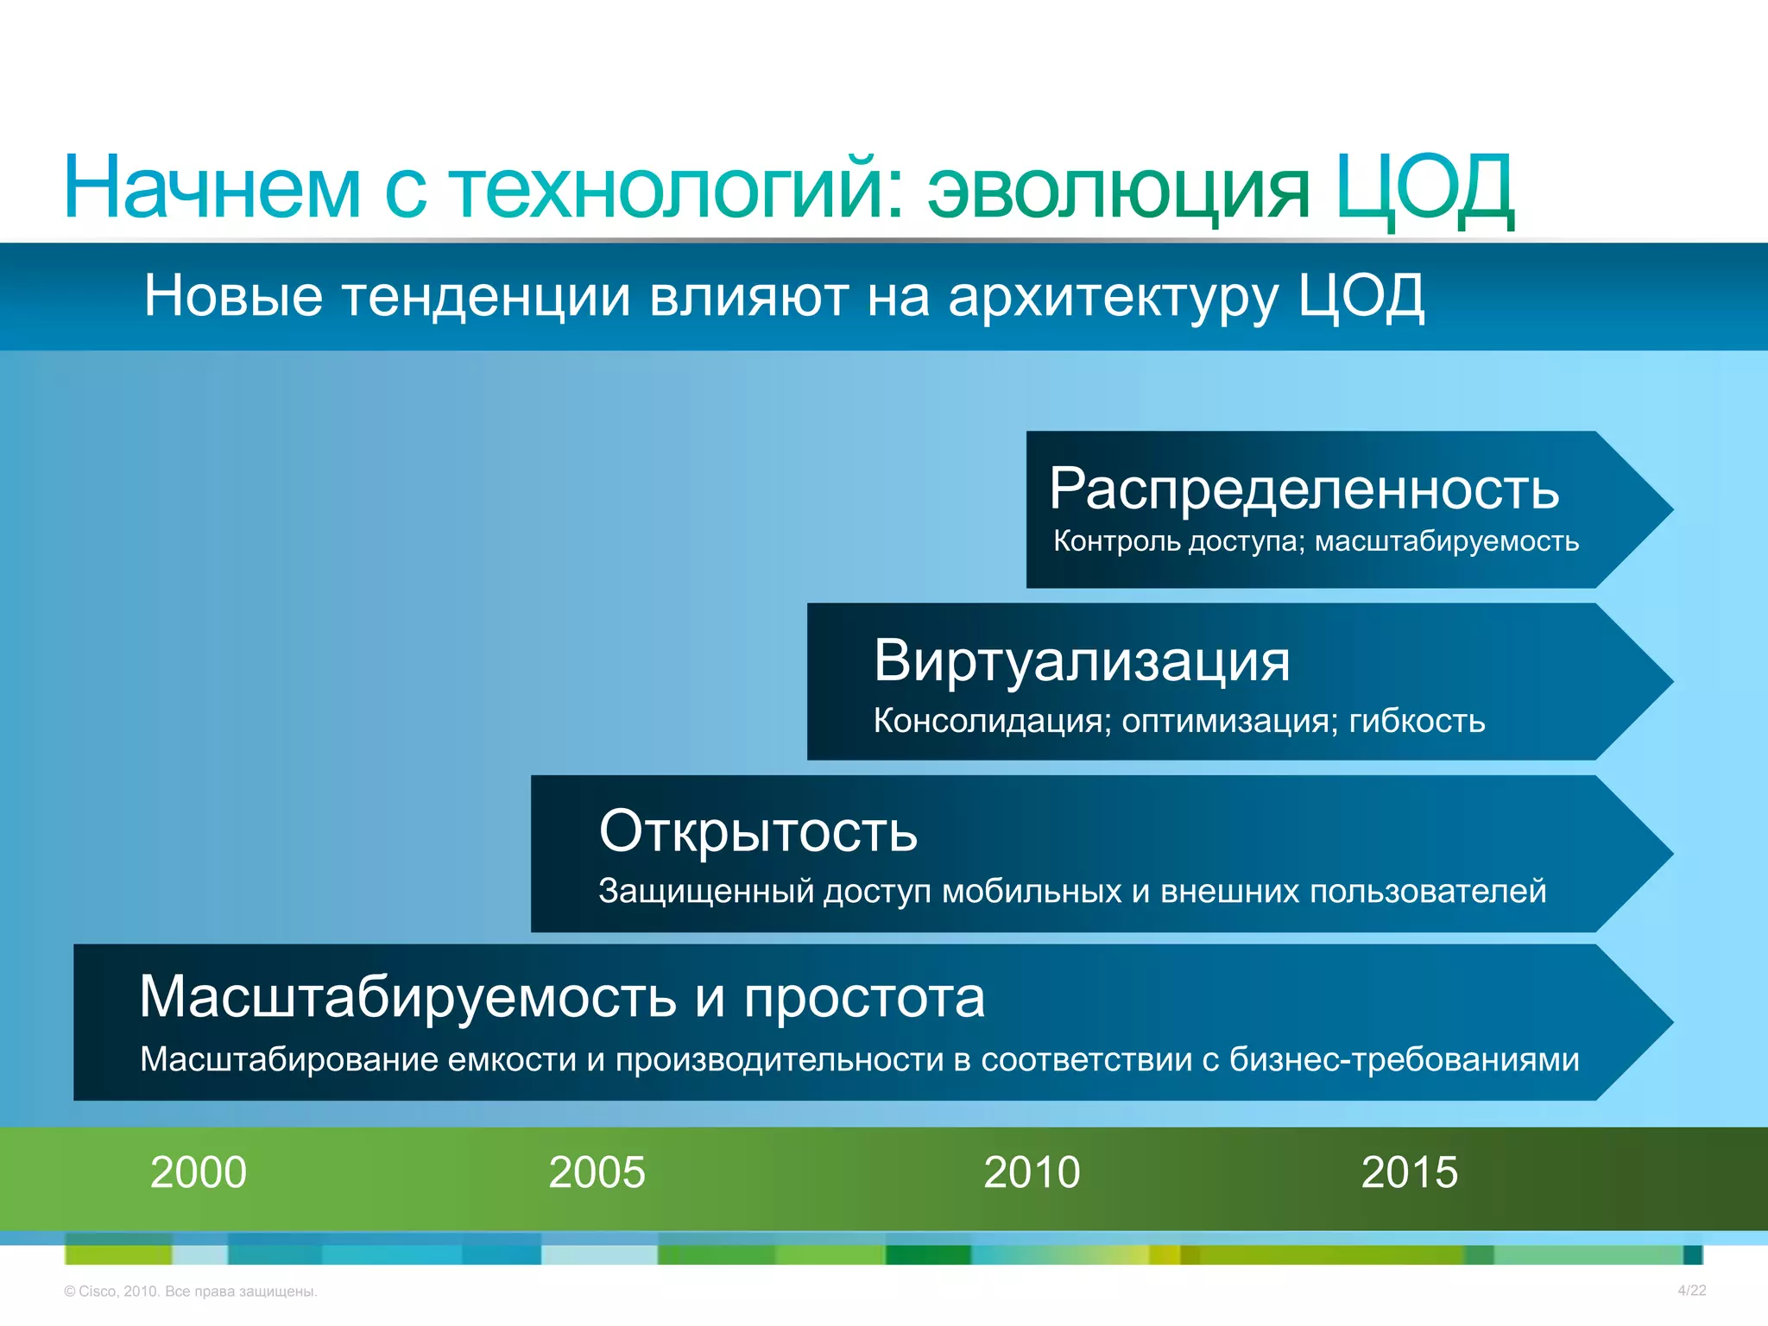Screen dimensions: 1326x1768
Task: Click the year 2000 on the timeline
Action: click(199, 1172)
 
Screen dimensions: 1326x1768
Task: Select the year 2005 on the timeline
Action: click(597, 1172)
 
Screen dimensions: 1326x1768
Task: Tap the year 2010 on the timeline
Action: click(1032, 1172)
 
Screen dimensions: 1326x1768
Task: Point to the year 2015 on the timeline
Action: click(1409, 1172)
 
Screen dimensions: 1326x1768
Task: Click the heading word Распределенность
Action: click(1304, 489)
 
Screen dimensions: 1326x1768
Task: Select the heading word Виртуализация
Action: click(1082, 661)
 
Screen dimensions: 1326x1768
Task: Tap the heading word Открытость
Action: click(758, 831)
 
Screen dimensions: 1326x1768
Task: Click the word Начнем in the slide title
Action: click(212, 188)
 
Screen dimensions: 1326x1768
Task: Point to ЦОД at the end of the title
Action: click(1424, 188)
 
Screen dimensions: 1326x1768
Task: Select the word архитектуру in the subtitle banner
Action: click(1114, 297)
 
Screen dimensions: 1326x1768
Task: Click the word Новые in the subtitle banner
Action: click(233, 296)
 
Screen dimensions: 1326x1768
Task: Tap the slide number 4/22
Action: click(1691, 1291)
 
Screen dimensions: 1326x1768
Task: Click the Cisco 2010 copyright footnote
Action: click(191, 1291)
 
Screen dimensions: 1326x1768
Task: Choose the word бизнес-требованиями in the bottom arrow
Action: click(1404, 1060)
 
